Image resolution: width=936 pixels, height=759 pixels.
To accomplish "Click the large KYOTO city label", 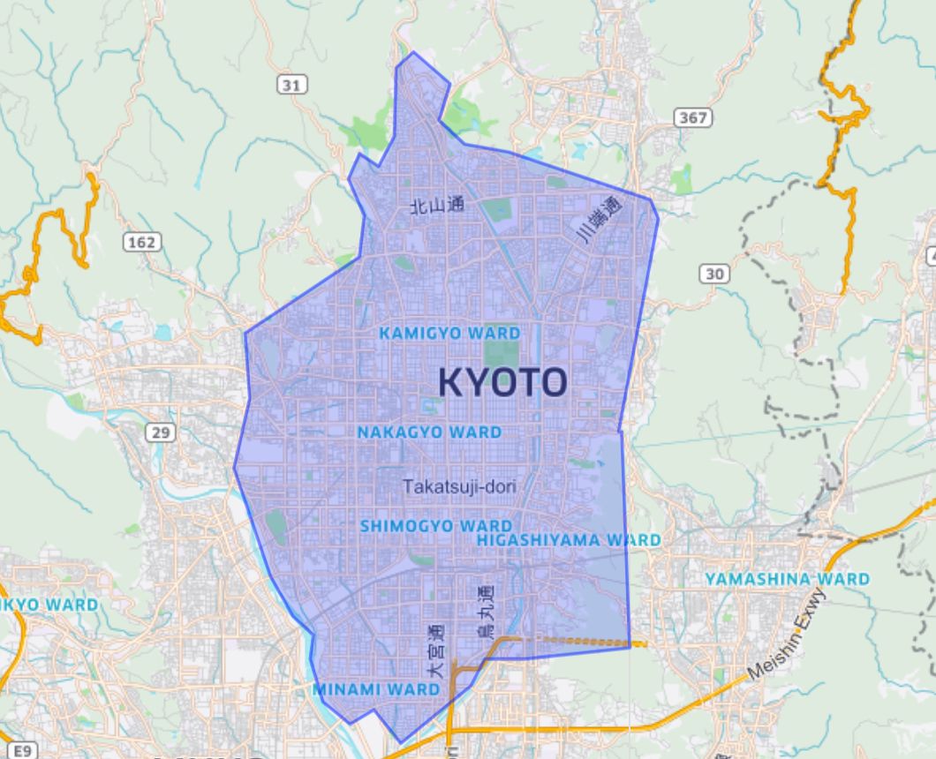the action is coord(502,382).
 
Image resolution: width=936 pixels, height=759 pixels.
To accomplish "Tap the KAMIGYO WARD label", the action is coord(449,334).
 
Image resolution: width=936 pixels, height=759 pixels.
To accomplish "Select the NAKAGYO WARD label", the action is coord(429,432).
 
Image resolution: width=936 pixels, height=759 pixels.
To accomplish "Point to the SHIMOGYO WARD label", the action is coord(435,526).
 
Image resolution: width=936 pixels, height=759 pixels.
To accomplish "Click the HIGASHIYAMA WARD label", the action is coord(568,539).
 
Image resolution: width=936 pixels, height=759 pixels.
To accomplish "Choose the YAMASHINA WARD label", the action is coord(787,579).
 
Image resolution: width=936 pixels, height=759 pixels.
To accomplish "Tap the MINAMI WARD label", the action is coord(376,689).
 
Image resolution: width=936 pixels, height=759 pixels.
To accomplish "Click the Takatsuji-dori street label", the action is coord(459,485).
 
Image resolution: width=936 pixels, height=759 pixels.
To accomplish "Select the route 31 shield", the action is coord(291,85).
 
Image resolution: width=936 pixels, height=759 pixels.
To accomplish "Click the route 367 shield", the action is coord(691,117).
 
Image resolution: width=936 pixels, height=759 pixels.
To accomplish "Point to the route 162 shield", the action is coord(141,243).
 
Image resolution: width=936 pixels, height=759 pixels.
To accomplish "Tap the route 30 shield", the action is coord(714,274).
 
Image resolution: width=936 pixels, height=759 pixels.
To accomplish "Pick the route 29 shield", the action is coord(162,432).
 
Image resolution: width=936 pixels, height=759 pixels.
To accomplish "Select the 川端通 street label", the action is coord(600,221).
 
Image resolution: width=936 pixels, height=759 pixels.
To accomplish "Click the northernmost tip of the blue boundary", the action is coord(413,52).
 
